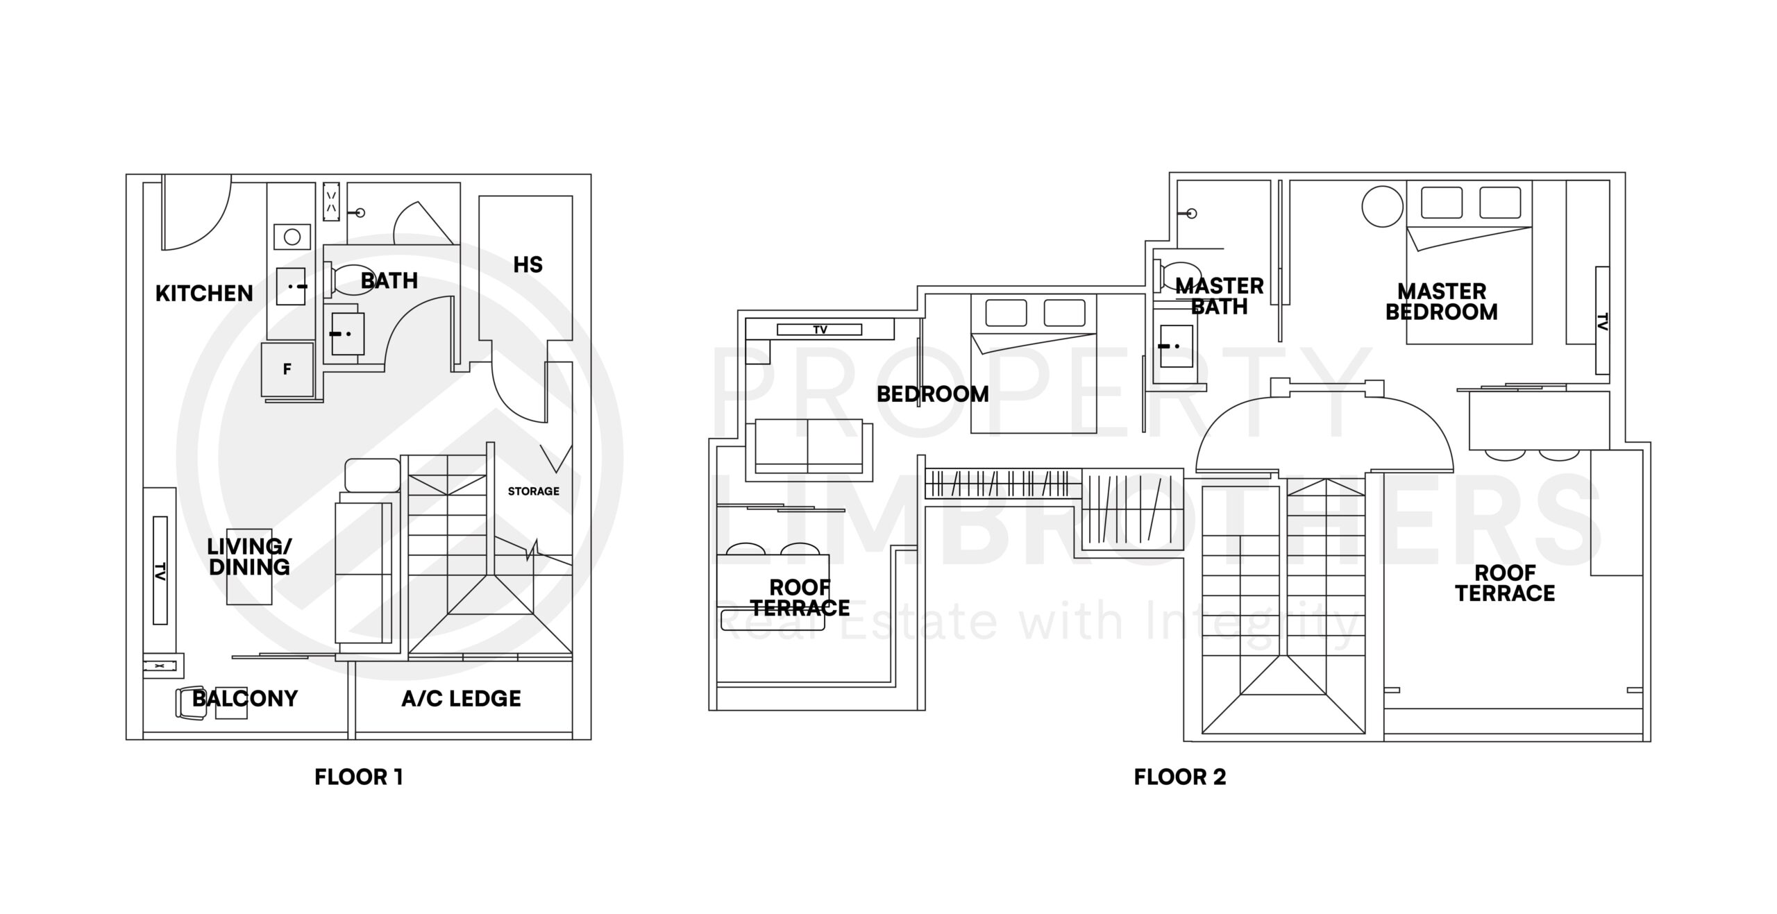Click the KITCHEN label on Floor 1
click(204, 294)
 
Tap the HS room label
click(528, 264)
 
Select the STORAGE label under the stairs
click(533, 491)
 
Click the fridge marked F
click(287, 369)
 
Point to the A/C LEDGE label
click(461, 698)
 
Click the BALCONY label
click(245, 698)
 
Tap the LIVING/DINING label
click(249, 557)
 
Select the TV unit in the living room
click(160, 570)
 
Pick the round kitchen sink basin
click(292, 237)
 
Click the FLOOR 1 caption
click(358, 777)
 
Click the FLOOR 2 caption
click(1180, 777)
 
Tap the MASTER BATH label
click(1220, 296)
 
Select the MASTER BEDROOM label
click(1442, 302)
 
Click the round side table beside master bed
click(1382, 206)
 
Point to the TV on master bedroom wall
click(1601, 320)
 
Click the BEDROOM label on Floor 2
click(932, 394)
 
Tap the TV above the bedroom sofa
click(820, 330)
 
